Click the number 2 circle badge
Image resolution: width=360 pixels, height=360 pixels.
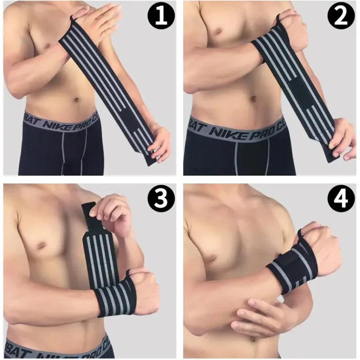click(341, 17)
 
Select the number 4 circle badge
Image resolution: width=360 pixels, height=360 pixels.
click(341, 198)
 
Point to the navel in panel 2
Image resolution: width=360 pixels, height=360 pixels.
click(253, 97)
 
